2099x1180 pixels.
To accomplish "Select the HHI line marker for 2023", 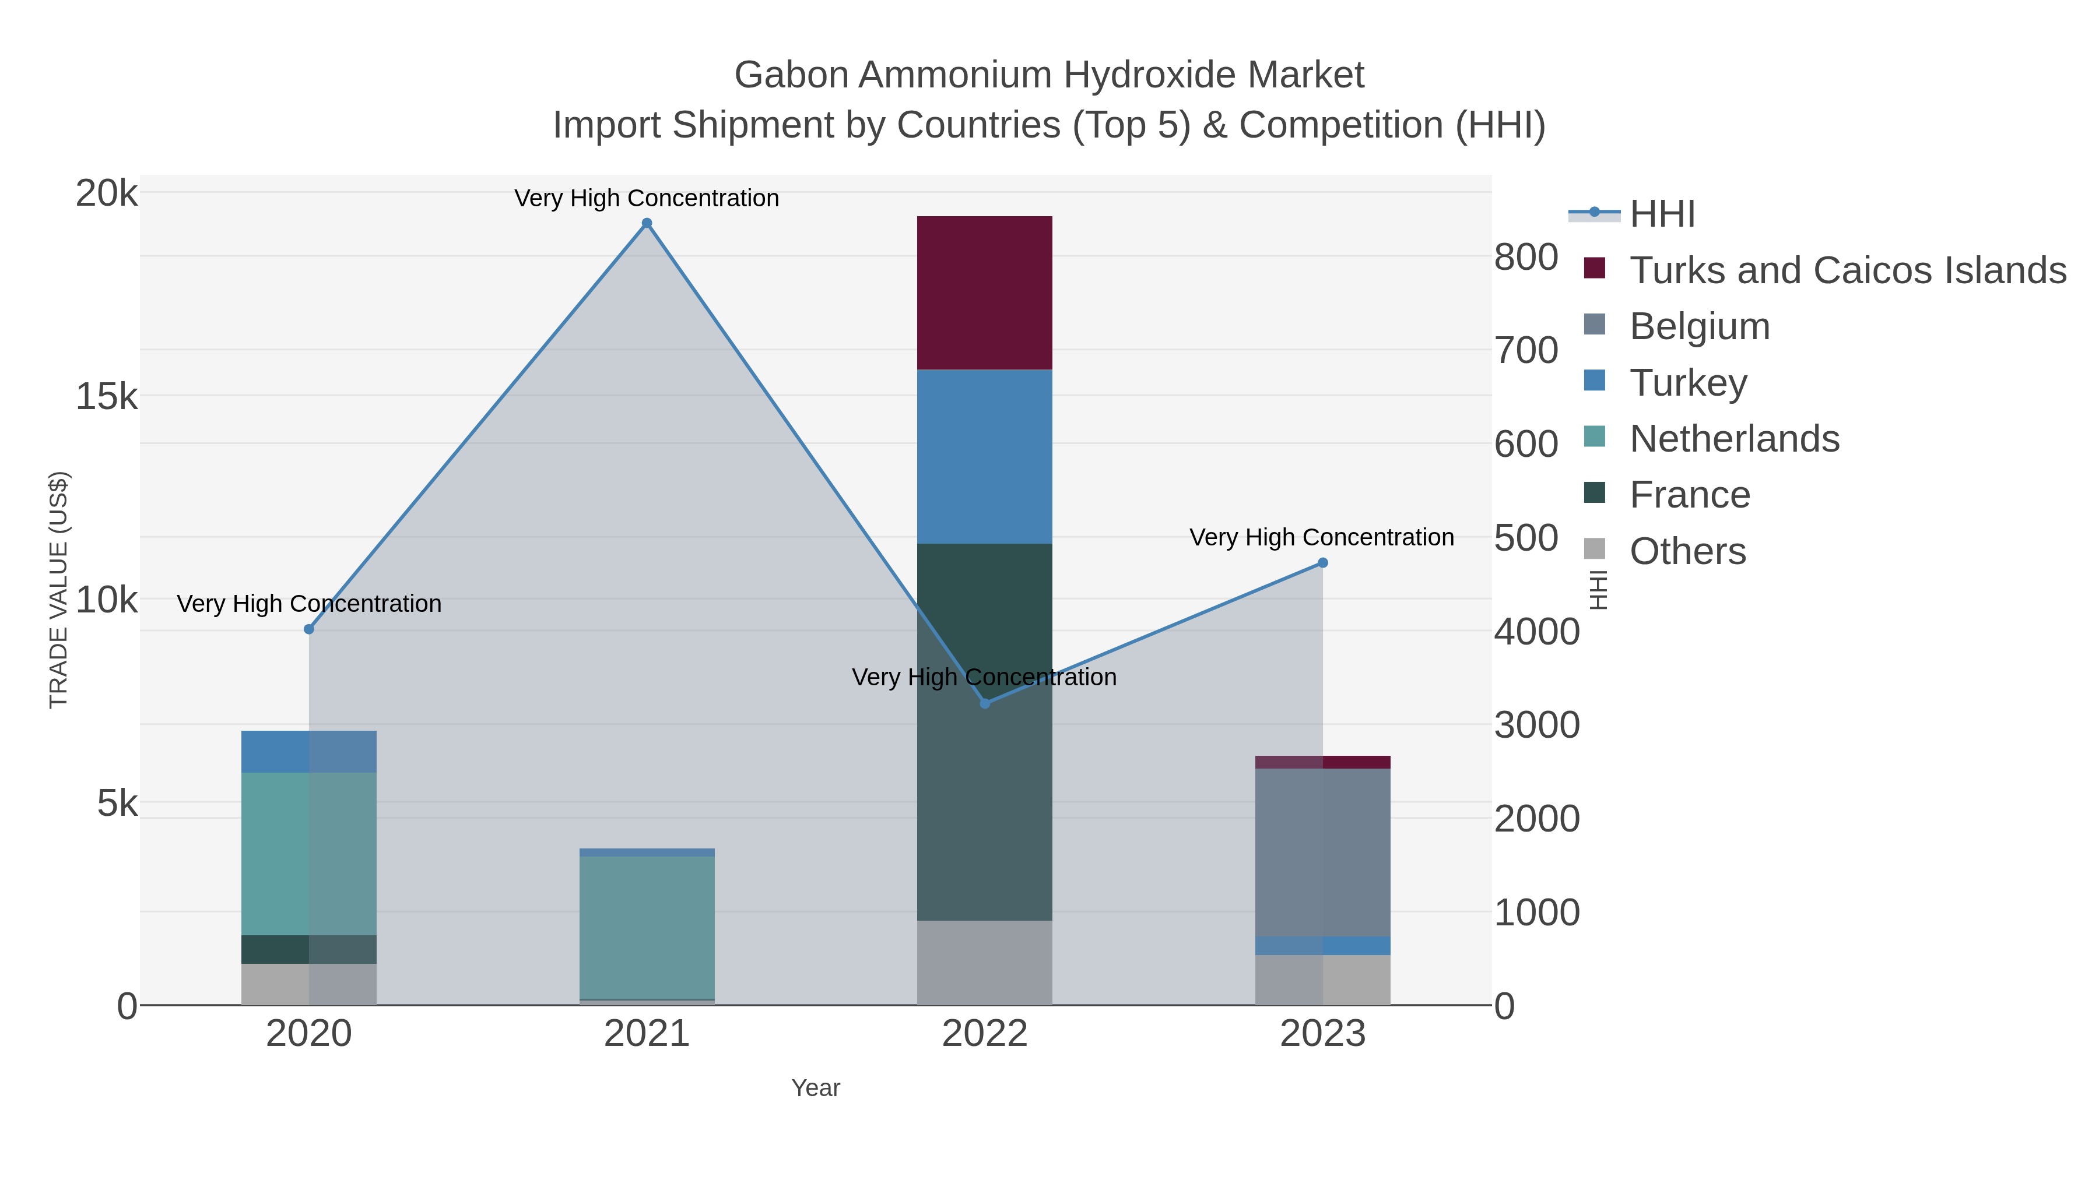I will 1322,563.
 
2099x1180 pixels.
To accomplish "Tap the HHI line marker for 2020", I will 309,629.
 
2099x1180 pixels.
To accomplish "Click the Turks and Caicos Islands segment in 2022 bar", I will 984,293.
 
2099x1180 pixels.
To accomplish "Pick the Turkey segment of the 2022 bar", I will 984,456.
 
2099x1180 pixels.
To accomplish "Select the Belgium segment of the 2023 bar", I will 1322,852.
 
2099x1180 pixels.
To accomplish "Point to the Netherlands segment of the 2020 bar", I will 309,854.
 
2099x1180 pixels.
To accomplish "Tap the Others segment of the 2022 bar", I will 984,963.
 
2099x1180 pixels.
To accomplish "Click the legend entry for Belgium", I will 1699,326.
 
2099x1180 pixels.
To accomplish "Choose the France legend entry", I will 1689,495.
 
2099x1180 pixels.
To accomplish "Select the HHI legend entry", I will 1662,214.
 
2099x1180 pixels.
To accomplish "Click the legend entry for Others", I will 1687,551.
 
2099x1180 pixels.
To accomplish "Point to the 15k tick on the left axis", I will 107,397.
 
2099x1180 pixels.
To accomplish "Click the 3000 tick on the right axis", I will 1536,725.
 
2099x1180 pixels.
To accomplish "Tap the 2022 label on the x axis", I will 984,1034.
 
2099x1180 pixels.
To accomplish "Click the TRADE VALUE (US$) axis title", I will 59,590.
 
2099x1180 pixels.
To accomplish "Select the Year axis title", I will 815,1088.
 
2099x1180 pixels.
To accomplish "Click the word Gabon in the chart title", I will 791,75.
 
